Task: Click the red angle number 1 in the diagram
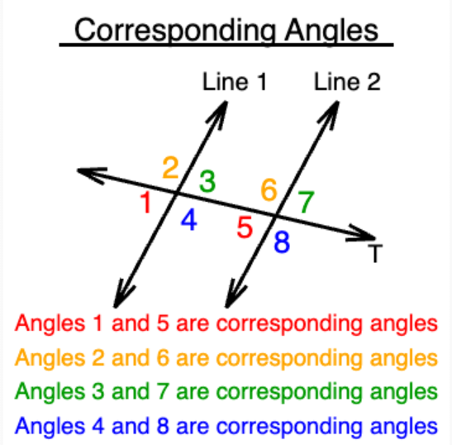click(146, 203)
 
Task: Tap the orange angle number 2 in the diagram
click(170, 167)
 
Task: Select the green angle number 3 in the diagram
click(207, 181)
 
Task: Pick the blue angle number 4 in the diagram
click(189, 220)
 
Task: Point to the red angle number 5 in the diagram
click(245, 227)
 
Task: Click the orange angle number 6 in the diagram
click(269, 189)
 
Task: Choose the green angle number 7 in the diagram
click(306, 202)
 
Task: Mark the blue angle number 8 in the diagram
click(282, 242)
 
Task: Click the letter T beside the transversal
click(375, 253)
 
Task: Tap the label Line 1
click(235, 82)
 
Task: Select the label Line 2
click(347, 82)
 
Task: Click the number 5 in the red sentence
click(163, 323)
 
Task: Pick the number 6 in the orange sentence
click(163, 358)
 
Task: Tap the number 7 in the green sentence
click(163, 391)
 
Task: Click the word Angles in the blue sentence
click(50, 427)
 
